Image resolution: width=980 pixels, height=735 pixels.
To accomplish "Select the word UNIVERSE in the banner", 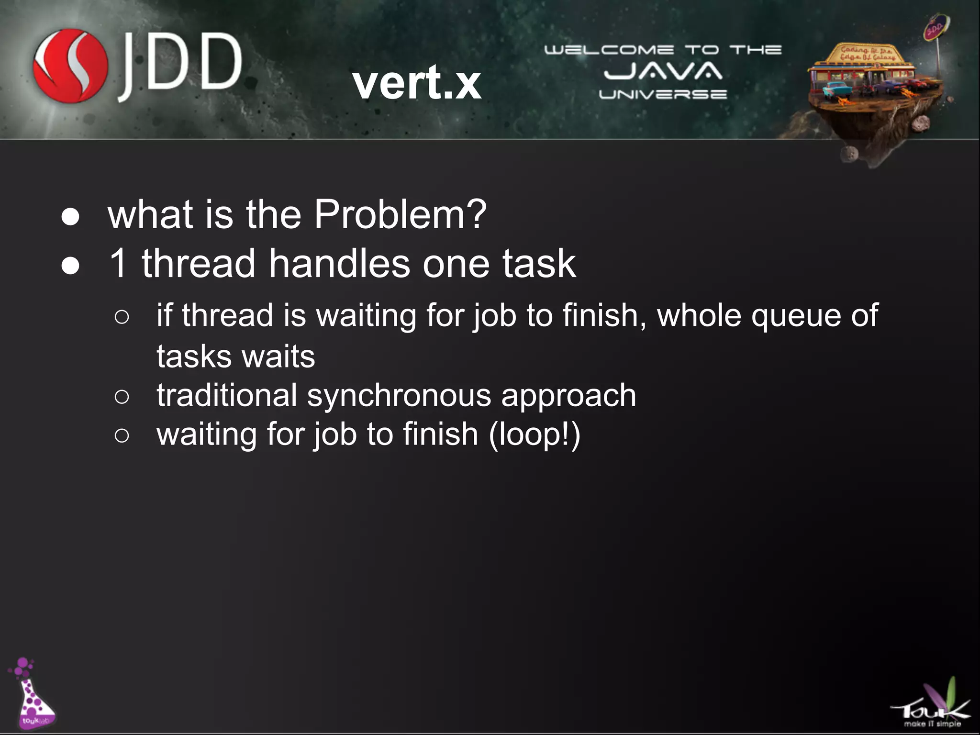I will pos(663,94).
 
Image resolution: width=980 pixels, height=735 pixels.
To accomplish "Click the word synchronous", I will pos(399,395).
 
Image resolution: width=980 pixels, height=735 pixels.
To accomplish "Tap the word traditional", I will pos(227,395).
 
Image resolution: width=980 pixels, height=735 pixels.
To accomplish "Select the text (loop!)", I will pos(535,434).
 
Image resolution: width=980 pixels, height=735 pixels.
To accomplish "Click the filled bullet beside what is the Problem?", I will pos(70,217).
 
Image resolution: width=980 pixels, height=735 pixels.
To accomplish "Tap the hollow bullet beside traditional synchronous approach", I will pos(122,397).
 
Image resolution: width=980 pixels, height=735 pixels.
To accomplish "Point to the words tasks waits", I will pos(236,356).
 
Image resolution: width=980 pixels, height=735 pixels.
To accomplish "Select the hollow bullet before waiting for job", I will pos(122,435).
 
